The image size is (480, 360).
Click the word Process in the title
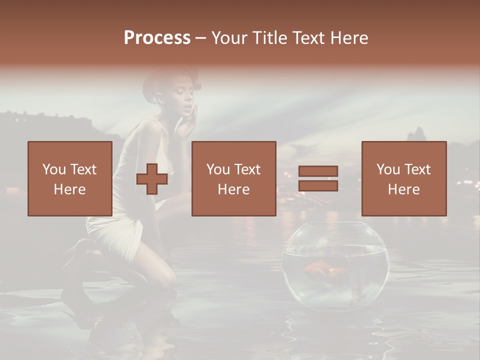[x=157, y=38]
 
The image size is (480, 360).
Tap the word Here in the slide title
[x=348, y=38]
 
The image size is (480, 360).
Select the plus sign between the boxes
[x=152, y=179]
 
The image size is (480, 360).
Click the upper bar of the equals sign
[x=318, y=171]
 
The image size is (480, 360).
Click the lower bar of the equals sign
[x=318, y=186]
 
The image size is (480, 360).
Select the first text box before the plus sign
[x=70, y=178]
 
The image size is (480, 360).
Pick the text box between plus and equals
[x=233, y=178]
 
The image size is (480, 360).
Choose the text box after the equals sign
[x=403, y=178]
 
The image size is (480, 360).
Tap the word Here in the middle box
[x=233, y=189]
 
